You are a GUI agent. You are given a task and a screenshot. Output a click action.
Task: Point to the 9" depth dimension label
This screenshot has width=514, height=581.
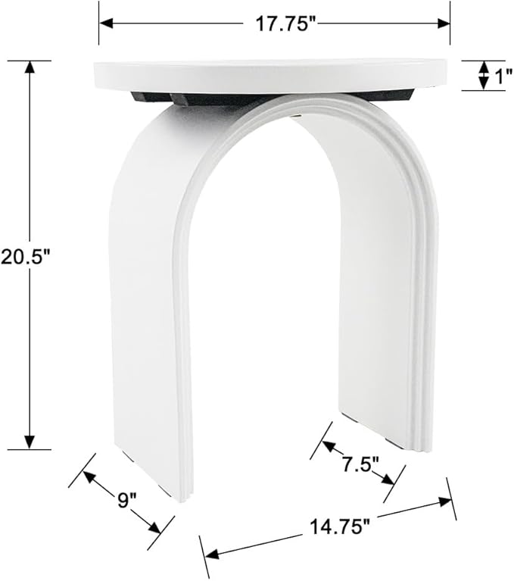pos(127,500)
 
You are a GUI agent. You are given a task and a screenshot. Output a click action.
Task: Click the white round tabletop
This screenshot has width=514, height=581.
pos(273,75)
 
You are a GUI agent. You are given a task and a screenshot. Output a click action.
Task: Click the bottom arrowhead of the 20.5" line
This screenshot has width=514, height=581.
pos(30,442)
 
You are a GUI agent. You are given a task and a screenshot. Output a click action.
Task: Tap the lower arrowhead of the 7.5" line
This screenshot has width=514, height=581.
pos(388,480)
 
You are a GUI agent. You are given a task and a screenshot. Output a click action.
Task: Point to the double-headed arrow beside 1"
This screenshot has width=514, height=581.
pos(482,75)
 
